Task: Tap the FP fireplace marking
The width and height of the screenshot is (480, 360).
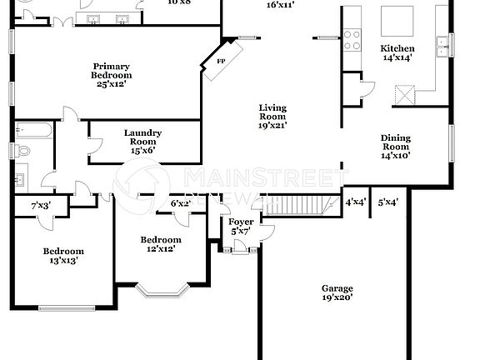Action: (221, 62)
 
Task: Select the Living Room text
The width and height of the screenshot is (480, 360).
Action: (272, 117)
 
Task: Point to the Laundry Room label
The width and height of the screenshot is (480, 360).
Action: (142, 142)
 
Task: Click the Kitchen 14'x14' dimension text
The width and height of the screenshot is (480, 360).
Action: (397, 58)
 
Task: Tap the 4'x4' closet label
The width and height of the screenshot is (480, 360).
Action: (355, 202)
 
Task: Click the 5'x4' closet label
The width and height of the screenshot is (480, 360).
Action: (387, 202)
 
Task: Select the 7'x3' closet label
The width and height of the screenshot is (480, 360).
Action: (40, 205)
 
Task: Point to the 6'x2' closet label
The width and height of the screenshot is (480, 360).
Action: (181, 202)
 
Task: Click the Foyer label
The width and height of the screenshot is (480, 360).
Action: (241, 225)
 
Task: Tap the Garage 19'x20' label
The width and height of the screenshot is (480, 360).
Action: (337, 292)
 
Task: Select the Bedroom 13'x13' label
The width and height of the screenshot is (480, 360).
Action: (63, 256)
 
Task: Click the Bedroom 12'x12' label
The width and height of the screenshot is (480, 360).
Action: (157, 243)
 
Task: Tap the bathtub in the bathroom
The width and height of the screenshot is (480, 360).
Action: (33, 131)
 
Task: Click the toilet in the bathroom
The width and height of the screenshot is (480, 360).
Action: (22, 151)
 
